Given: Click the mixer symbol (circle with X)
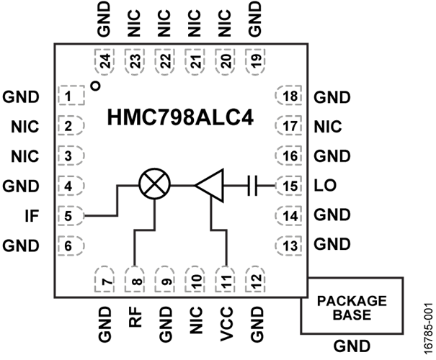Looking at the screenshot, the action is (154, 184).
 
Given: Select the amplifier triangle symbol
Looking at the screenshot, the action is (210, 185).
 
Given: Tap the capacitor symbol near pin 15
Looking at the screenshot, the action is (252, 185).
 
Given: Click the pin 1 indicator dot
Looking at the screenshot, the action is (95, 86).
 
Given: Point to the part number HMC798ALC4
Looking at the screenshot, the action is (180, 118).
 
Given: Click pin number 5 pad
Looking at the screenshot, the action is (71, 215).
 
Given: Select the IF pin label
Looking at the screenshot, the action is (32, 216).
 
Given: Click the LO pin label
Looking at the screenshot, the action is (325, 185).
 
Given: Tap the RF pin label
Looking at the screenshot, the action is (135, 317).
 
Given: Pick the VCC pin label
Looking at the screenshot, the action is (226, 324).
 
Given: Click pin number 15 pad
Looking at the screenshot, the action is (288, 186).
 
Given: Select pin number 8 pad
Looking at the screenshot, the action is (135, 279).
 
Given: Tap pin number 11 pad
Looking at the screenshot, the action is (226, 279).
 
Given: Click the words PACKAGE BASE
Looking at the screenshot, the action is (352, 307).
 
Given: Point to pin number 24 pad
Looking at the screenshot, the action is (104, 62).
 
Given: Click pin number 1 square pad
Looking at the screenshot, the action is (71, 96).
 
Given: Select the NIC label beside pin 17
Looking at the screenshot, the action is (328, 127).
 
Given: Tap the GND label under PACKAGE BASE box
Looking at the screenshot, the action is (352, 346).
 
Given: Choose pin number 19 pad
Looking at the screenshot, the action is (256, 62).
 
